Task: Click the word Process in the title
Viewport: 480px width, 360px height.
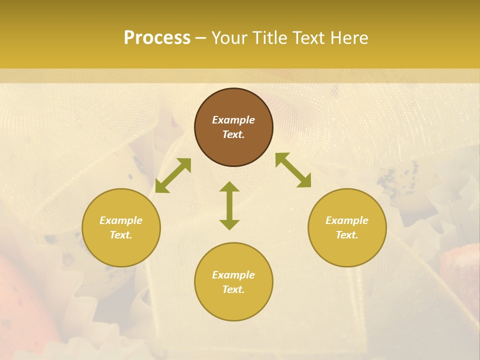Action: pyautogui.click(x=157, y=38)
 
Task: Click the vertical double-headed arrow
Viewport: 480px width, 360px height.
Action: pyautogui.click(x=229, y=205)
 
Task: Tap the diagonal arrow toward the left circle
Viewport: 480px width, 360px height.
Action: pyautogui.click(x=173, y=175)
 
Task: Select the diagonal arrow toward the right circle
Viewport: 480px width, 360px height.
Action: pyautogui.click(x=293, y=170)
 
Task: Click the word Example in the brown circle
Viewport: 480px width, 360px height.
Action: pyautogui.click(x=233, y=120)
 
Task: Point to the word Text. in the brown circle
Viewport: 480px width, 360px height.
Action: pyautogui.click(x=233, y=134)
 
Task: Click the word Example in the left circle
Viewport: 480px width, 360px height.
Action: pyautogui.click(x=121, y=220)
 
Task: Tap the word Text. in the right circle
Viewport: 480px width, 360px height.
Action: pyautogui.click(x=347, y=235)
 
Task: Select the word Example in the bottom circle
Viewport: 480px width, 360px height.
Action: pyautogui.click(x=233, y=275)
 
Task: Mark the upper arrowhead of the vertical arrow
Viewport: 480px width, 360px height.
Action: pyautogui.click(x=229, y=187)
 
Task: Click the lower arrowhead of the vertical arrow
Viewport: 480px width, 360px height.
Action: pyautogui.click(x=229, y=224)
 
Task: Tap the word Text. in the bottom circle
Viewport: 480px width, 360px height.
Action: pyautogui.click(x=233, y=289)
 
